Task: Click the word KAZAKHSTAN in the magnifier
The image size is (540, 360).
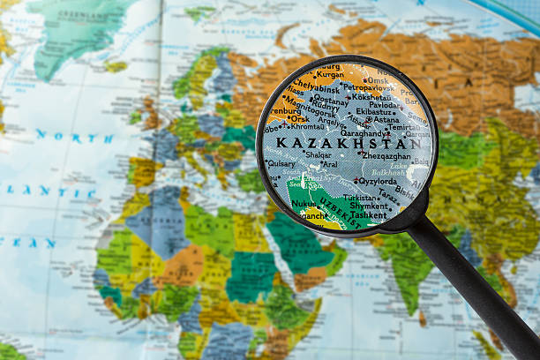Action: [x=348, y=142]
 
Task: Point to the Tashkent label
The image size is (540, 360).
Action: [x=366, y=214]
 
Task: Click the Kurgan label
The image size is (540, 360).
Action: [x=330, y=75]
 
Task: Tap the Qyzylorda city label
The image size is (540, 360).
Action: [x=377, y=181]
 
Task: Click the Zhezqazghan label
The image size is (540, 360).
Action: [x=386, y=155]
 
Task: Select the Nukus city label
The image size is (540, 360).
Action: [x=304, y=203]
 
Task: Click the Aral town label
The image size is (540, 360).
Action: [x=329, y=163]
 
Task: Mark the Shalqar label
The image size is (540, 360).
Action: [x=318, y=154]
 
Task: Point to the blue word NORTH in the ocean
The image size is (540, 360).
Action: [x=74, y=138]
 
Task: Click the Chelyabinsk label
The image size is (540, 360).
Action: [x=315, y=87]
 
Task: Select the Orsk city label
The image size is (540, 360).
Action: [x=299, y=117]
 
